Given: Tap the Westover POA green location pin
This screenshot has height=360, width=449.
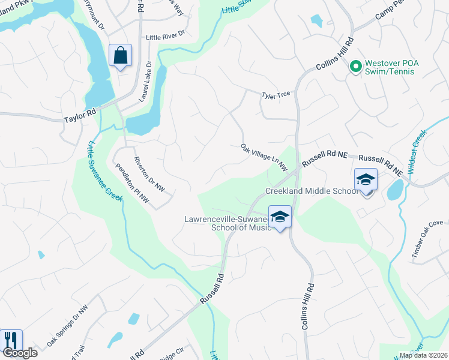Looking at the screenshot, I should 355,66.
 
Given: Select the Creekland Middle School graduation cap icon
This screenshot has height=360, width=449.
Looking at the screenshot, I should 366,179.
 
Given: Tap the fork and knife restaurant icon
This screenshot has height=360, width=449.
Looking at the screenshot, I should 10,340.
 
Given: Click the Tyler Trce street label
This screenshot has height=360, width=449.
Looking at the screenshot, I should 276,94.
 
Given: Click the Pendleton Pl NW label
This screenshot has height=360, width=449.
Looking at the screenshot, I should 131,183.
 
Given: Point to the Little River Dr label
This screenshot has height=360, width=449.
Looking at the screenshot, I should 163,37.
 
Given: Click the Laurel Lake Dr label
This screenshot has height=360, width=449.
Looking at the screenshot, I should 145,80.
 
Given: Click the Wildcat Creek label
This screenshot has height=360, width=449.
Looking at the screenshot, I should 418,152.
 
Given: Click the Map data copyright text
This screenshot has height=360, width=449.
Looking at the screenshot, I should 423,355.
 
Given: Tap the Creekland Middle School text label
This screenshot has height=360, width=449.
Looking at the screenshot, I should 312,191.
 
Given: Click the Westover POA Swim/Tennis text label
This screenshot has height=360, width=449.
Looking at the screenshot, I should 399,66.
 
